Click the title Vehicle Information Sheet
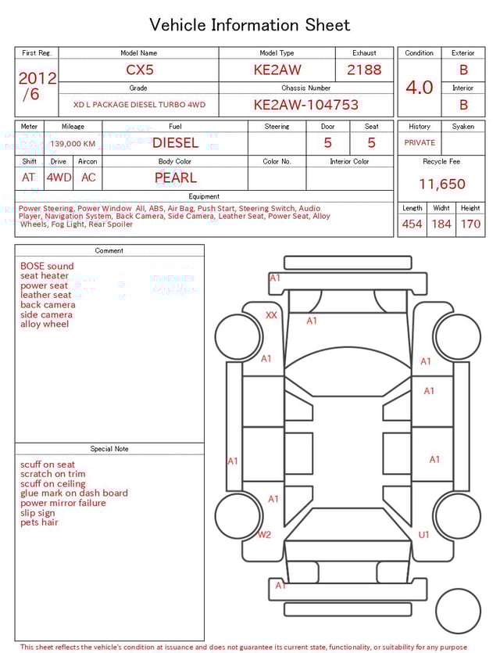click(250, 25)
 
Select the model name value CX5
click(140, 70)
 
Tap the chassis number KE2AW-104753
click(305, 105)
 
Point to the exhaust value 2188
click(364, 70)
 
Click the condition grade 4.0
click(420, 87)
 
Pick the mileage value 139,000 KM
click(73, 144)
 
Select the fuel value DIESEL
click(175, 143)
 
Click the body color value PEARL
click(175, 178)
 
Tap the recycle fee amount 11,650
click(441, 185)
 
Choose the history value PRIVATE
click(420, 143)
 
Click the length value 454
click(412, 224)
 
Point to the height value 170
click(470, 224)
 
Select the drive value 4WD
click(59, 178)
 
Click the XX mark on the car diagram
click(271, 315)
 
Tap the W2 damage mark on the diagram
click(264, 535)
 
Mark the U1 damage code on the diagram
click(424, 535)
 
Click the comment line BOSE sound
click(47, 266)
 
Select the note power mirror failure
click(63, 503)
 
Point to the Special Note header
click(109, 449)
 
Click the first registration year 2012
click(37, 78)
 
